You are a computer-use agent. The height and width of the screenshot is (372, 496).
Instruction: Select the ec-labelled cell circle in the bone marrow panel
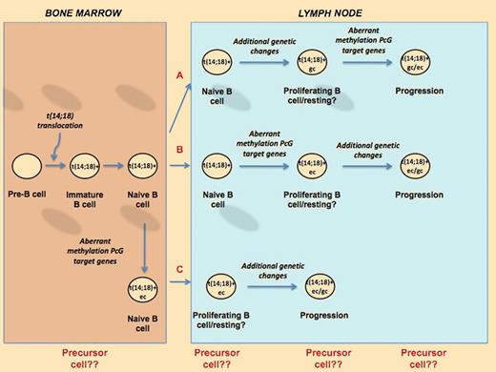(x=144, y=285)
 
